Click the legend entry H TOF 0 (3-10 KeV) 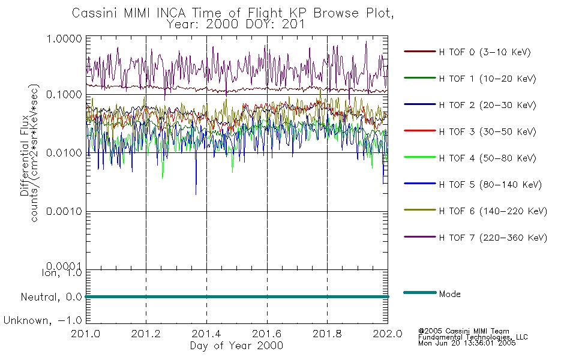[x=485, y=52]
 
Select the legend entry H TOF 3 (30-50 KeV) [x=487, y=131]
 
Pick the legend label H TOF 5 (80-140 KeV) [x=490, y=185]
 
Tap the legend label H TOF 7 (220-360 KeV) [x=493, y=238]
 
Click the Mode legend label [x=449, y=294]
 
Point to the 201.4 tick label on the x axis [x=206, y=334]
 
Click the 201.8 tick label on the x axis [x=327, y=334]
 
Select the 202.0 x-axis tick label [x=388, y=334]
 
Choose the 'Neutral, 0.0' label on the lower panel [x=51, y=297]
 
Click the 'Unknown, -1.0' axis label [x=43, y=321]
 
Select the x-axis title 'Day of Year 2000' [x=236, y=346]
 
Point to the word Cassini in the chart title [x=96, y=13]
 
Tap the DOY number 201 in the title [x=292, y=25]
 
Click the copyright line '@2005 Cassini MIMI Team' [x=464, y=331]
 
